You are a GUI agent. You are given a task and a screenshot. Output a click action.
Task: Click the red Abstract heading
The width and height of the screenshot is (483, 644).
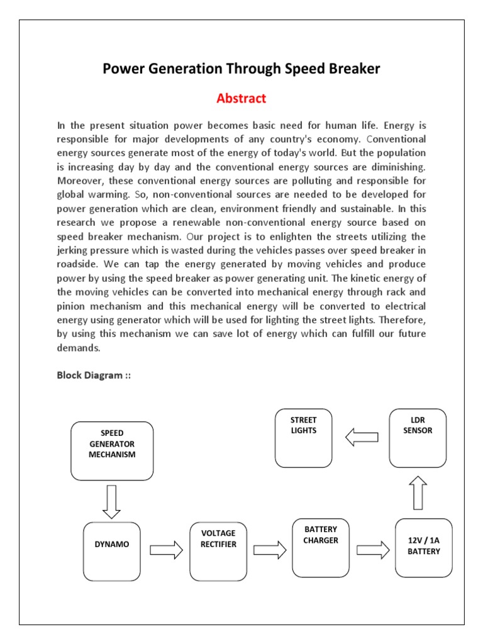pos(241,99)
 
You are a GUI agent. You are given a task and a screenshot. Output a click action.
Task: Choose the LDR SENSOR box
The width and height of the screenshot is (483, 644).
pos(418,438)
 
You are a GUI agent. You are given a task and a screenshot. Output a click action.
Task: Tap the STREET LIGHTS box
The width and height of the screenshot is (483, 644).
pos(304,438)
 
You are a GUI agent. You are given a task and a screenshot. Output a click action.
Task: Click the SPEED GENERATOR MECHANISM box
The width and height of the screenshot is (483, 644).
pos(113,450)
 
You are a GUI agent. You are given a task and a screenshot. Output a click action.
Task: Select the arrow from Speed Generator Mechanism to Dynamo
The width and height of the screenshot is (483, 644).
pos(113,501)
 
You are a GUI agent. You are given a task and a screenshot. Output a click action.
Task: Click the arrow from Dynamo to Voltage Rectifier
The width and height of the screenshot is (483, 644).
pos(166,550)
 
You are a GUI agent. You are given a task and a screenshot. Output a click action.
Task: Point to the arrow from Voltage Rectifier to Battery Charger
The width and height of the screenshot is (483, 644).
pos(270,550)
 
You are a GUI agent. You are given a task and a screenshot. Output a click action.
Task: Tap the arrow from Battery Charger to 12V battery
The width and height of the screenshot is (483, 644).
pos(373,550)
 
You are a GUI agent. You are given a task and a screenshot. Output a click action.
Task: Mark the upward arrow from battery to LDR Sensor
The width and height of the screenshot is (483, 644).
pos(418,492)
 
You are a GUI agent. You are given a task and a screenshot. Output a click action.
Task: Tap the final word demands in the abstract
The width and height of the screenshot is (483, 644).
pos(78,348)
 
